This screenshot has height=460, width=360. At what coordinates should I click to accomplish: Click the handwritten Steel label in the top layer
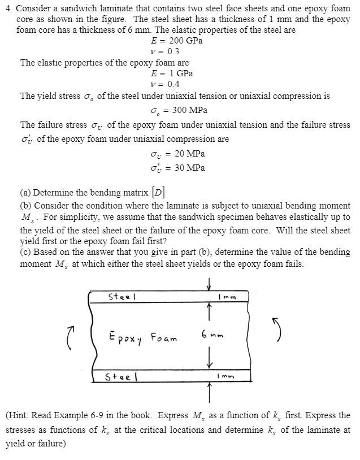[122, 296]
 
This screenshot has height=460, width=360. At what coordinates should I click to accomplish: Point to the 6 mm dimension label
[212, 335]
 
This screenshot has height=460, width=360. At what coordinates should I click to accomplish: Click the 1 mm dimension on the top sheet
[225, 297]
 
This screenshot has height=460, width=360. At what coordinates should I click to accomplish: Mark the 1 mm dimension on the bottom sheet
[225, 376]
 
